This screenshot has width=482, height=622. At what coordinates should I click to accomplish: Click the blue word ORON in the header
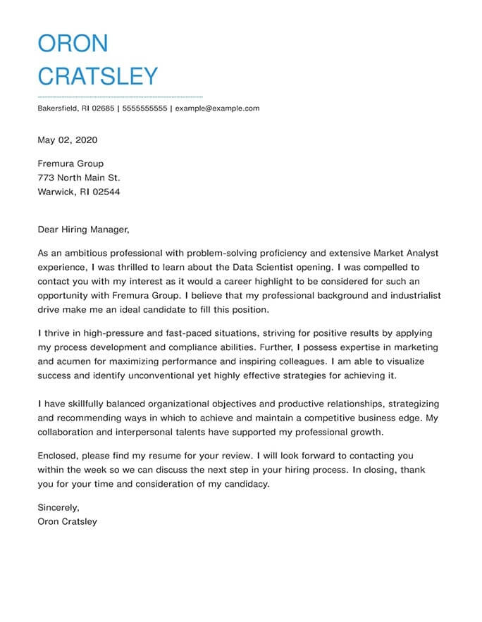click(x=73, y=44)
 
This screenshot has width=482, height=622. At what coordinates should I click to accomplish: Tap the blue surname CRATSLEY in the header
click(x=98, y=76)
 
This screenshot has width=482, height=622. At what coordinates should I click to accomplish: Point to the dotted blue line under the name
click(x=120, y=97)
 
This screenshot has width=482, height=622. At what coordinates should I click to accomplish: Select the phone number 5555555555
click(x=145, y=108)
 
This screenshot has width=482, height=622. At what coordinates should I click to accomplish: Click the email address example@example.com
click(x=217, y=108)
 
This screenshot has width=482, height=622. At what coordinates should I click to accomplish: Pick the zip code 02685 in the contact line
click(x=101, y=108)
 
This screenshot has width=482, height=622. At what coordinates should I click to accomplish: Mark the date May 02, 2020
click(x=68, y=139)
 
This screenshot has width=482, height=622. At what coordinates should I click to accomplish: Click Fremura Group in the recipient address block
click(x=70, y=163)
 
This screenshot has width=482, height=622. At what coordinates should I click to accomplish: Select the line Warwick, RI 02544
click(x=79, y=192)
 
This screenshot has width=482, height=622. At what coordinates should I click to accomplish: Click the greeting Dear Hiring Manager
click(x=84, y=229)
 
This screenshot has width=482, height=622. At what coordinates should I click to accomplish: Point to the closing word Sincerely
click(x=58, y=507)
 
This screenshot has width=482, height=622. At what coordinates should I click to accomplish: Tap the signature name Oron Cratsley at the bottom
click(x=68, y=522)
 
